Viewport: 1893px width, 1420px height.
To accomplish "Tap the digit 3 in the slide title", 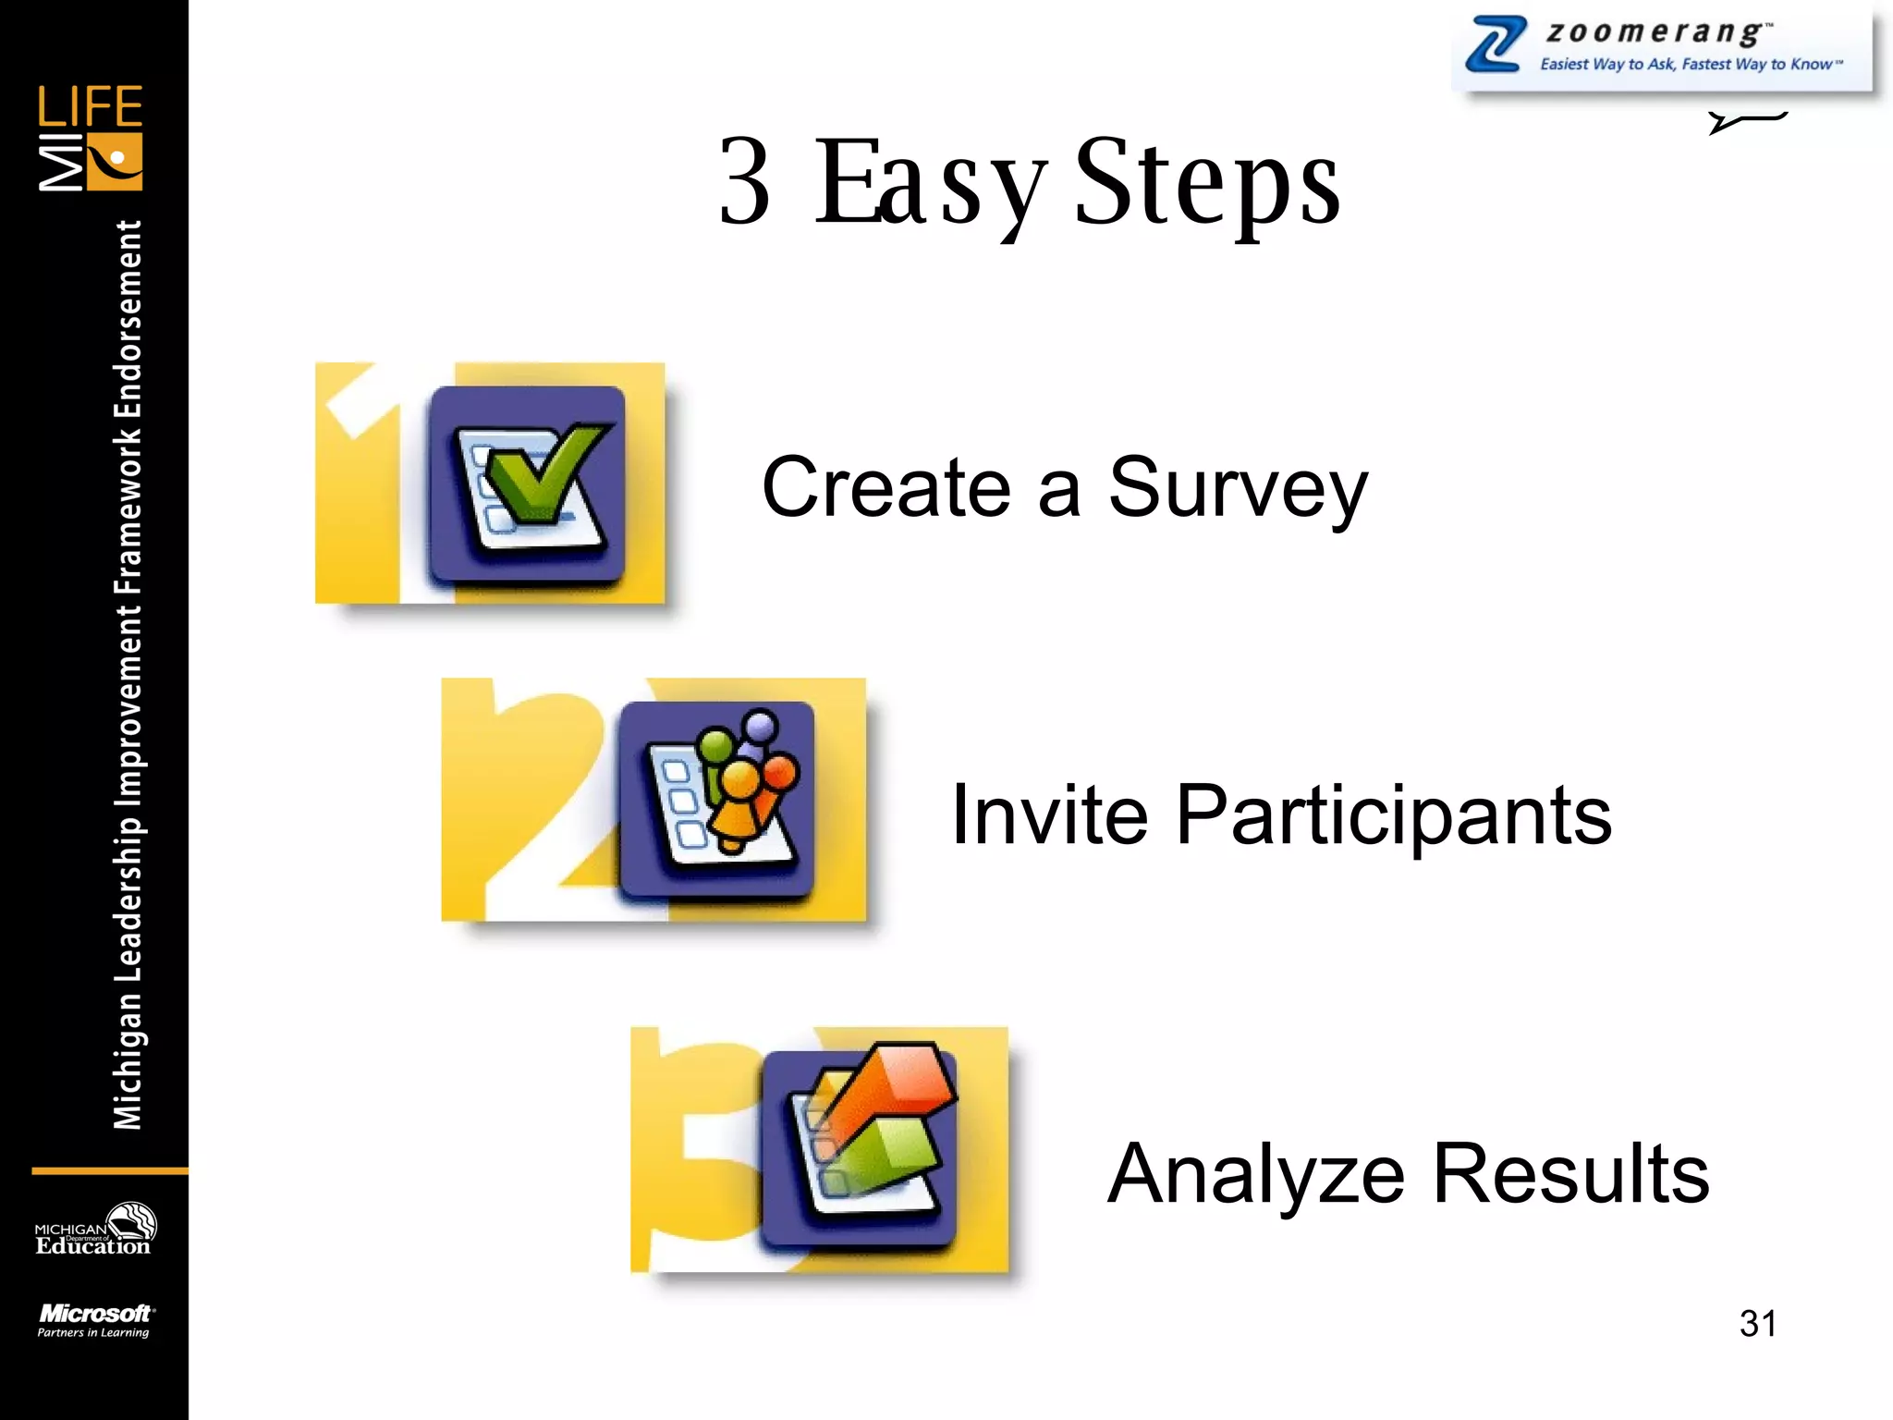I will [744, 182].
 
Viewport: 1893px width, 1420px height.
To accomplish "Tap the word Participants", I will [1393, 817].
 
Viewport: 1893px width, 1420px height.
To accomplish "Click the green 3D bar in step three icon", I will [887, 1156].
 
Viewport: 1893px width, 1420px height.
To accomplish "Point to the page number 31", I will [1757, 1323].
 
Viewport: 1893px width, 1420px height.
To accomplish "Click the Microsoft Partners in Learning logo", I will [95, 1320].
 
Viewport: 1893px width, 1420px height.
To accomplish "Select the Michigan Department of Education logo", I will [95, 1230].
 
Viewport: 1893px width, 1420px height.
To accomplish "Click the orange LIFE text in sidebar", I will [90, 106].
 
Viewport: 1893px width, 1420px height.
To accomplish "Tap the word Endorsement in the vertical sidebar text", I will [128, 319].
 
